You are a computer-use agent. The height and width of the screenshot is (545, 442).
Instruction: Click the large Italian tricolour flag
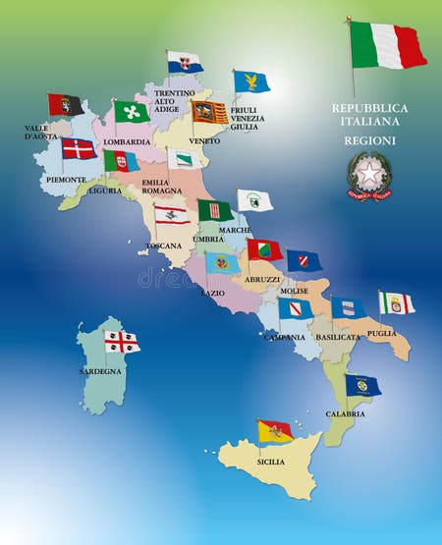click(388, 45)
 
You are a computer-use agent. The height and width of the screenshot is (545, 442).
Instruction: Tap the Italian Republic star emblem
click(368, 176)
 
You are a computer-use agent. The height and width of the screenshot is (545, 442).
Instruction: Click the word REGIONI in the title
click(369, 140)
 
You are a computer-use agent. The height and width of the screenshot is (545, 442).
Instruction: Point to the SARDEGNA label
click(100, 372)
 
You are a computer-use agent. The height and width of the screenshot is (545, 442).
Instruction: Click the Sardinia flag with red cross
click(123, 341)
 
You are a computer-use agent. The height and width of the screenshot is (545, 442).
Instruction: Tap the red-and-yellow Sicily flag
click(275, 430)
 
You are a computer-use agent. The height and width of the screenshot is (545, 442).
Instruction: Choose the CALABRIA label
click(346, 413)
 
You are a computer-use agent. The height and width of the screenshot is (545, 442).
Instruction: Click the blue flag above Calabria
click(362, 385)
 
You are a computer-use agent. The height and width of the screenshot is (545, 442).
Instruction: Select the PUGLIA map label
click(381, 333)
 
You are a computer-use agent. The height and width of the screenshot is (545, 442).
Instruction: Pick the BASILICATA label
click(339, 337)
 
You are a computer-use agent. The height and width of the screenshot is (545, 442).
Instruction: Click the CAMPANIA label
click(284, 337)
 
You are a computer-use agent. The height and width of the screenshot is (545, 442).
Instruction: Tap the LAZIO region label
click(213, 292)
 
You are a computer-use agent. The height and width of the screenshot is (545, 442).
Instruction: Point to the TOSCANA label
click(164, 245)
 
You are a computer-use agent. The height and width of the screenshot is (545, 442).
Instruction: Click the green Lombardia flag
click(133, 111)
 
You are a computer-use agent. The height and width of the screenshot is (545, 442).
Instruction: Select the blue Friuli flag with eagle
click(251, 82)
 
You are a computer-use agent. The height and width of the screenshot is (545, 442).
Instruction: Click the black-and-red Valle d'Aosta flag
click(66, 105)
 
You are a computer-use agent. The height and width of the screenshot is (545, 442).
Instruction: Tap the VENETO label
click(204, 140)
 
